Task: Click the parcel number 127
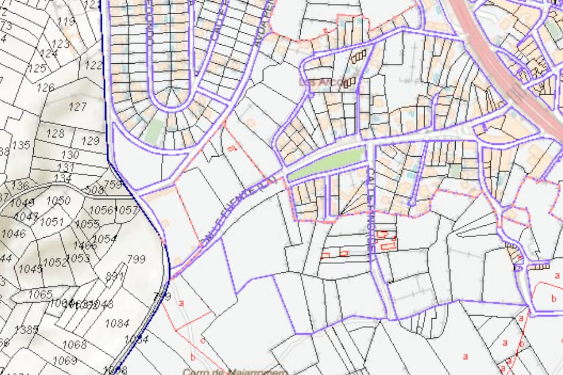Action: tap(77, 107)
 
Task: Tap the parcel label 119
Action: tap(66, 22)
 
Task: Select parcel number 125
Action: tap(37, 68)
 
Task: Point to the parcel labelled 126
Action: tap(45, 87)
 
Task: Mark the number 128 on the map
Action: tap(56, 133)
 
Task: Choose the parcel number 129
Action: tap(91, 140)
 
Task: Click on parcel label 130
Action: tap(70, 155)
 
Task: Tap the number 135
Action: tap(21, 145)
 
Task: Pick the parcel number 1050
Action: tap(58, 201)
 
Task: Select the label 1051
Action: tap(52, 221)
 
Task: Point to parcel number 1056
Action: tap(100, 210)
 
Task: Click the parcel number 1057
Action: tap(128, 210)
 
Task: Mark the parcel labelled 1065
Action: tap(40, 294)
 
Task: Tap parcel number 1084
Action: tap(117, 323)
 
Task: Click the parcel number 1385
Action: tap(26, 330)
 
